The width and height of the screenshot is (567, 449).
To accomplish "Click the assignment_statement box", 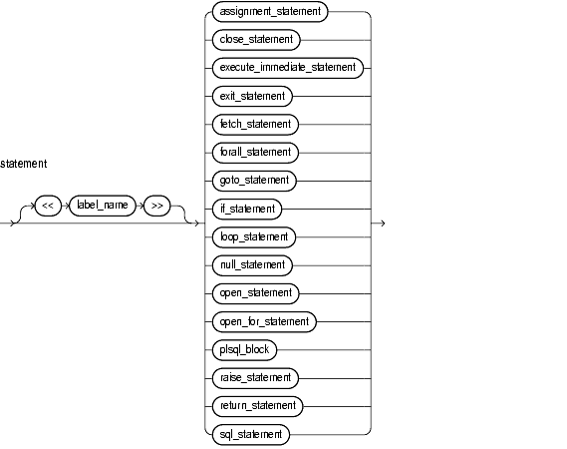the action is [x=270, y=12].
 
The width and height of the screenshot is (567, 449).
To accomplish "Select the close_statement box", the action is [x=256, y=40].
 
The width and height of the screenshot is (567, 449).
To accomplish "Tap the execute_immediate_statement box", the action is [x=288, y=68].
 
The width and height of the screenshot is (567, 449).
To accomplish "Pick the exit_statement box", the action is [x=252, y=97].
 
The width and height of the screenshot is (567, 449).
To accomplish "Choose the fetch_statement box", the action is [x=255, y=125].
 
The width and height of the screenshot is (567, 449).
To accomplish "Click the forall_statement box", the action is [x=255, y=153].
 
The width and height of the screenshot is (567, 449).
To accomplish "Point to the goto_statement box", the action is [x=254, y=181].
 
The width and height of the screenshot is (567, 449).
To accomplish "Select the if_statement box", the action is [x=247, y=210].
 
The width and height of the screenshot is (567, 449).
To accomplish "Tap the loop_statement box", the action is [x=254, y=237].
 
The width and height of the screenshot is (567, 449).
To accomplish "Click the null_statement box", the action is [x=252, y=265].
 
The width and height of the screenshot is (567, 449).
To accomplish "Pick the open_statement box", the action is [x=256, y=294].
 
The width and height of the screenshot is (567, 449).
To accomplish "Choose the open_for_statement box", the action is [x=264, y=322].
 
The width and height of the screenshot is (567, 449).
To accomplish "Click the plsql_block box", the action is [x=244, y=350].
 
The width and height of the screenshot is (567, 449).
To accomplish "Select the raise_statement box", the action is [x=255, y=379].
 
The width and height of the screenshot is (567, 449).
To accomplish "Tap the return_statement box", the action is [x=257, y=407].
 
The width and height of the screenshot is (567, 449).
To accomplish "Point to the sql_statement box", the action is [x=251, y=435].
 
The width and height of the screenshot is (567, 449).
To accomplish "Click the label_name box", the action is [x=103, y=206].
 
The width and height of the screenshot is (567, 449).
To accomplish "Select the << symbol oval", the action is [x=48, y=206].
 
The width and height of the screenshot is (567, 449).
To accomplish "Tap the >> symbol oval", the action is [x=156, y=206].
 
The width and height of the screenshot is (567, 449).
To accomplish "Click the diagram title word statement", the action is [x=24, y=164].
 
